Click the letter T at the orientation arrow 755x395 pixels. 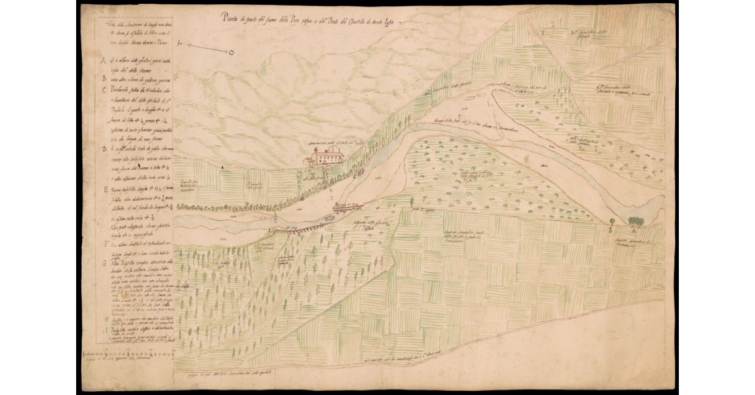click(180, 45)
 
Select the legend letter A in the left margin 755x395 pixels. click(103, 61)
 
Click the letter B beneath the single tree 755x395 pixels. click(612, 231)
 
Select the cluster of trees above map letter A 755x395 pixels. click(635, 220)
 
